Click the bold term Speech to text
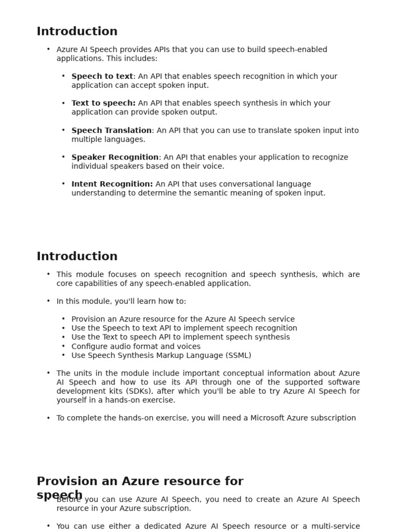coord(102,76)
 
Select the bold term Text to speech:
coord(103,103)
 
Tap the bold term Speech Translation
coord(111,130)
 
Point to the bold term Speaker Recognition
coord(115,157)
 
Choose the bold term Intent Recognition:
coord(112,184)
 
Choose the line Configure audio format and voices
coord(136,347)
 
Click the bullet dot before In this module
coord(48,301)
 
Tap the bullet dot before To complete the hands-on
coord(48,418)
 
